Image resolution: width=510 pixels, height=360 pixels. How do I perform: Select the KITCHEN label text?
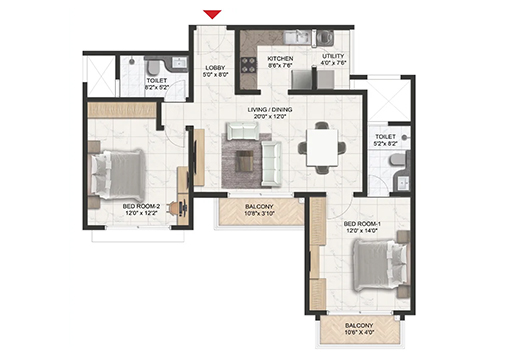pyautogui.click(x=280, y=60)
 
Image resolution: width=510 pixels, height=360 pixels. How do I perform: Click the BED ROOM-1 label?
pyautogui.click(x=361, y=224)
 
